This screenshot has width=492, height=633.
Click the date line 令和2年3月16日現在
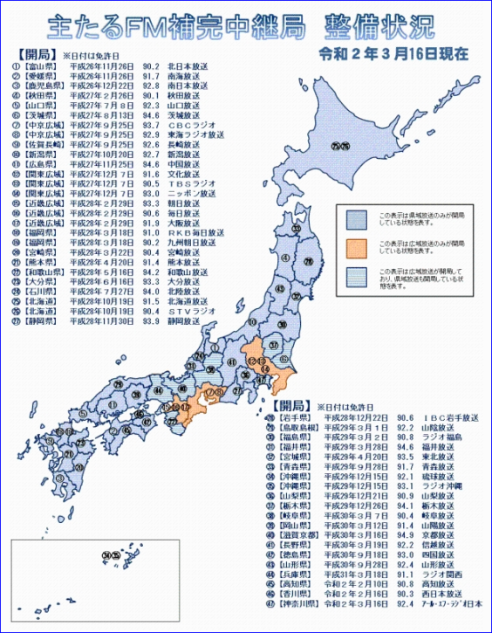(394, 53)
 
